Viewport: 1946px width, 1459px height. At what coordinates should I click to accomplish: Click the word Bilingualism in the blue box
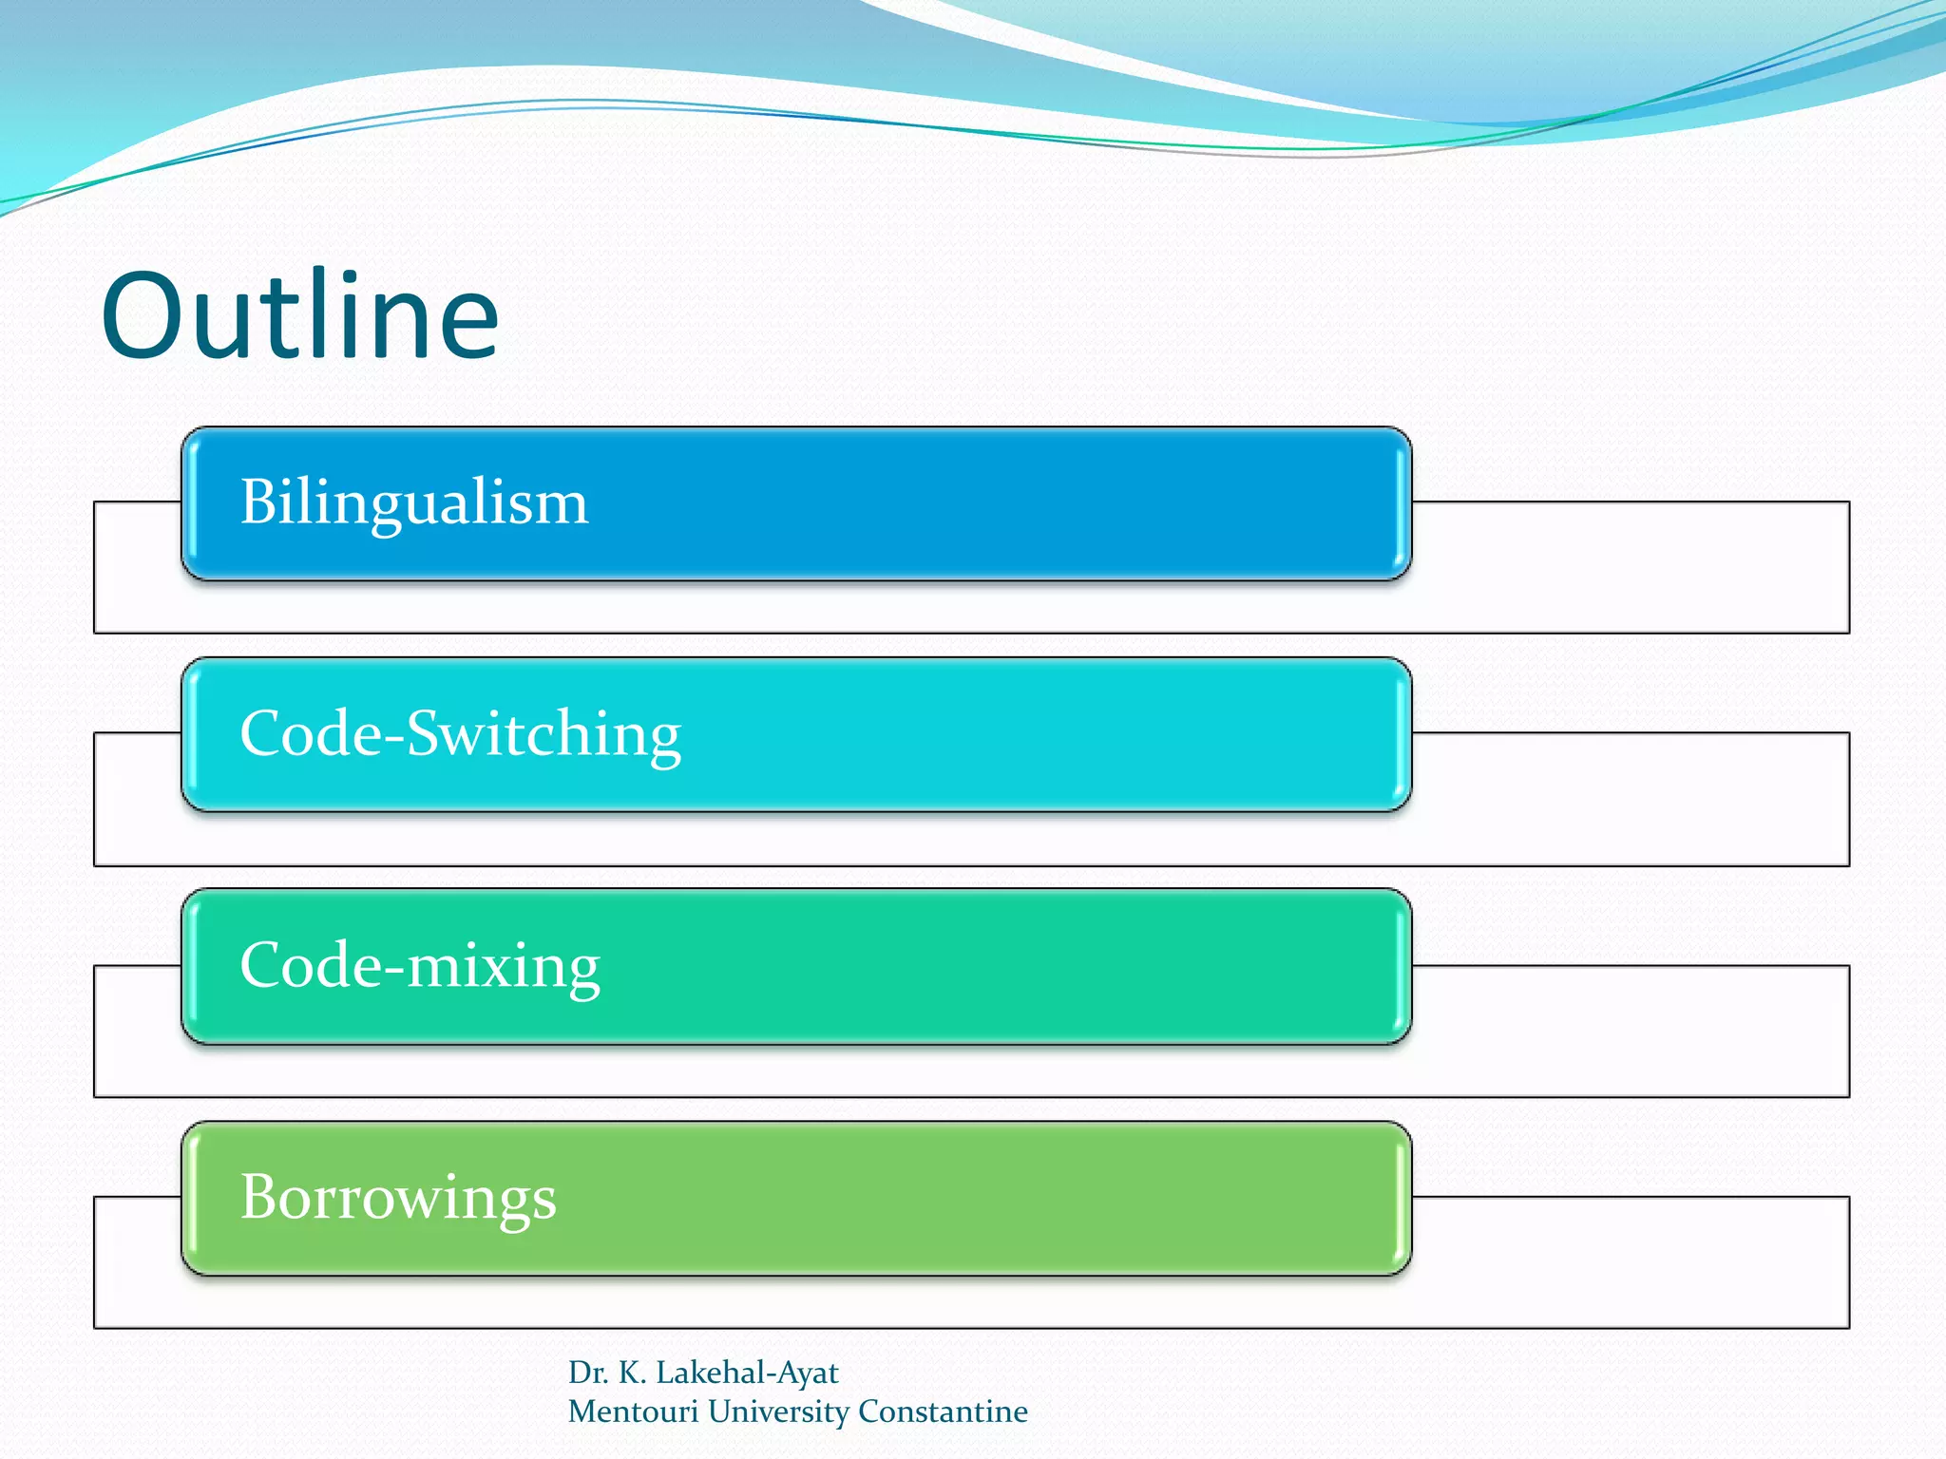click(x=414, y=502)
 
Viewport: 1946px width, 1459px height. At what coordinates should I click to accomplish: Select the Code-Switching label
click(x=461, y=734)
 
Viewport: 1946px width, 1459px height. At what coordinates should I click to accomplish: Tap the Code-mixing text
click(x=420, y=966)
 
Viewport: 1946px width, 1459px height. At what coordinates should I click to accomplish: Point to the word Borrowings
click(x=398, y=1197)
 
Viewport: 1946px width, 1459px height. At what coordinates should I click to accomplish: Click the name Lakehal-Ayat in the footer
click(x=747, y=1373)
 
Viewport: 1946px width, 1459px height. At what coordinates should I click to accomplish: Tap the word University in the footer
click(x=778, y=1412)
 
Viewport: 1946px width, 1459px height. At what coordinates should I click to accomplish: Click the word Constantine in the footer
click(x=943, y=1412)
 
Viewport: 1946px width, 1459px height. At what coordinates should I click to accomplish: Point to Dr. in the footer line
click(x=587, y=1373)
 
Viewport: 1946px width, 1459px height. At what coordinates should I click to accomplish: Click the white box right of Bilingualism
click(x=1630, y=566)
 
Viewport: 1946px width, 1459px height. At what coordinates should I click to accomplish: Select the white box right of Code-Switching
click(x=1630, y=798)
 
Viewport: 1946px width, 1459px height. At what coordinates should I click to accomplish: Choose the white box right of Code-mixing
click(x=1630, y=1031)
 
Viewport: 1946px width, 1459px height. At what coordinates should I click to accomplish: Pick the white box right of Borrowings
click(x=1630, y=1261)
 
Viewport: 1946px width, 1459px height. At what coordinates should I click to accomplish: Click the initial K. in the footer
click(x=632, y=1373)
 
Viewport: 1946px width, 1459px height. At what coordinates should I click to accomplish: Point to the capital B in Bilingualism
click(x=258, y=502)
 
